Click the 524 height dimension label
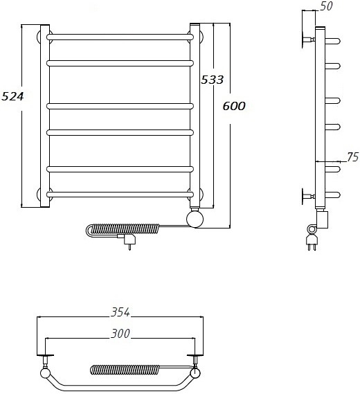(12, 96)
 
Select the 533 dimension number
(212, 80)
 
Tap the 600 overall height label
(234, 106)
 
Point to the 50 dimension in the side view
(326, 6)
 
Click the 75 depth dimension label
(352, 157)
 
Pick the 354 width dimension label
(120, 312)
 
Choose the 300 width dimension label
(120, 334)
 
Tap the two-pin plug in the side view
(312, 242)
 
